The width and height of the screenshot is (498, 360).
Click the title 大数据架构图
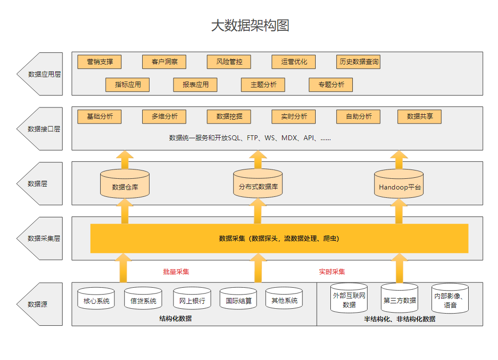tap(250, 25)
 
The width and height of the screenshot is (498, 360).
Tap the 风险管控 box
tap(229, 62)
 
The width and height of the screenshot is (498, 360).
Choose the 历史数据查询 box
tap(359, 62)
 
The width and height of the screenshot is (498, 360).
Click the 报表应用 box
tap(195, 85)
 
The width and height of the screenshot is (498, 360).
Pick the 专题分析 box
tap(331, 85)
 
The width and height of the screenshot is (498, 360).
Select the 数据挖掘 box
tap(229, 117)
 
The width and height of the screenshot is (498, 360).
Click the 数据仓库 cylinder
tap(125, 184)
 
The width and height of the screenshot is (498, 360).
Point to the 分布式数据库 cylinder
tap(258, 184)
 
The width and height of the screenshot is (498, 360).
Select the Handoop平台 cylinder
tap(399, 184)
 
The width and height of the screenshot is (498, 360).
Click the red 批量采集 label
tap(176, 272)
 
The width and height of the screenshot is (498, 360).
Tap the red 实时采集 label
tap(332, 272)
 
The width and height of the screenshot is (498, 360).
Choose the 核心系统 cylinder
tap(96, 298)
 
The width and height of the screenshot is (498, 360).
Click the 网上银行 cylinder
tap(192, 298)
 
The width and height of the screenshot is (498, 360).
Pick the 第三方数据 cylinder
tap(399, 298)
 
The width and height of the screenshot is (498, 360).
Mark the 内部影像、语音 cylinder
tap(450, 299)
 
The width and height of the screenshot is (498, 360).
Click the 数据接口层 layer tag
tap(43, 129)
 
